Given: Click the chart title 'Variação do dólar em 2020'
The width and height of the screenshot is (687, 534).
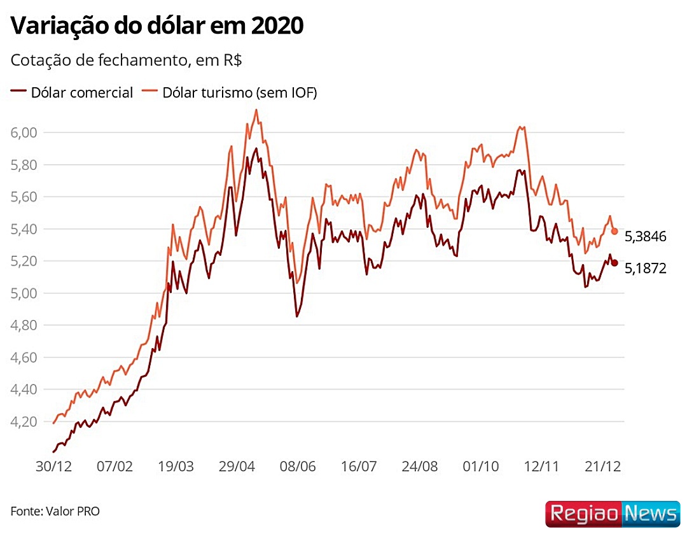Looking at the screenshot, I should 157,26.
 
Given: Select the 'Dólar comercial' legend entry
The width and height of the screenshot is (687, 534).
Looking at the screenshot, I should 72,92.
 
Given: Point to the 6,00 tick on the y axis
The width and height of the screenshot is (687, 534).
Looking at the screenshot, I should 25,132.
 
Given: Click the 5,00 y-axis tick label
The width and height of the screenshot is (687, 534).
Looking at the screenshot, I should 25,293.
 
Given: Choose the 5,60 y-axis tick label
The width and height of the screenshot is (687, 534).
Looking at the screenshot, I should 25,197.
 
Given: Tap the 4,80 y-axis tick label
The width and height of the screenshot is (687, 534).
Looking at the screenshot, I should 25,325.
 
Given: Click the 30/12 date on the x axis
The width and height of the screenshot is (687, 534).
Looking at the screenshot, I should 53,466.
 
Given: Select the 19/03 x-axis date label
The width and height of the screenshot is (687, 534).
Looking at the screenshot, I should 176,466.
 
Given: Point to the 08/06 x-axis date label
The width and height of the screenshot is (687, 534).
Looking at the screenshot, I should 298,466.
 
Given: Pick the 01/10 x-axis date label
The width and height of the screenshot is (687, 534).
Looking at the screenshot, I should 481,466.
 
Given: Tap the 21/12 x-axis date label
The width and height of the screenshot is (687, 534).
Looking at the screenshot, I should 603,466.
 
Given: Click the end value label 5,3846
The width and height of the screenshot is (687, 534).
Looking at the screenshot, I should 645,237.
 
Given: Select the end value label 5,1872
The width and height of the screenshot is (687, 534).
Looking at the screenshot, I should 645,269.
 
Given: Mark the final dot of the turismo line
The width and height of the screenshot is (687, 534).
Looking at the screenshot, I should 614,231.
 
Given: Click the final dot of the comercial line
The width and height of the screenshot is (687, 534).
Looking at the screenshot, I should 614,263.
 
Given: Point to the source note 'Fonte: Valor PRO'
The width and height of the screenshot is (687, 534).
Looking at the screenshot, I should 55,511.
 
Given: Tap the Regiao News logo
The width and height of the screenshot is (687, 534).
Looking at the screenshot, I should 613,513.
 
